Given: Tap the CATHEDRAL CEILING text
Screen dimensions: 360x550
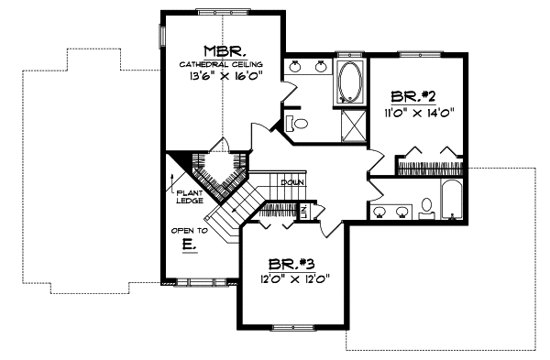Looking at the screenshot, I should [x=222, y=64].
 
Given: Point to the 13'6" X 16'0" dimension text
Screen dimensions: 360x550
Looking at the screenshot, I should [x=223, y=77].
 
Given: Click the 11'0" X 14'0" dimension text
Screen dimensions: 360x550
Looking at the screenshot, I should [x=420, y=114].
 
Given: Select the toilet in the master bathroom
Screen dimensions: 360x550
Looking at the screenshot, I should [x=293, y=122].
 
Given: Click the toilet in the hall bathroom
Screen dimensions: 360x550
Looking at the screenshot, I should [x=427, y=211].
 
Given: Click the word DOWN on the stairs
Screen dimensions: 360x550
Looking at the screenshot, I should [x=291, y=182].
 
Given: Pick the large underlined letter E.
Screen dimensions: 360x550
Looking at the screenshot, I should [x=187, y=245].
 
